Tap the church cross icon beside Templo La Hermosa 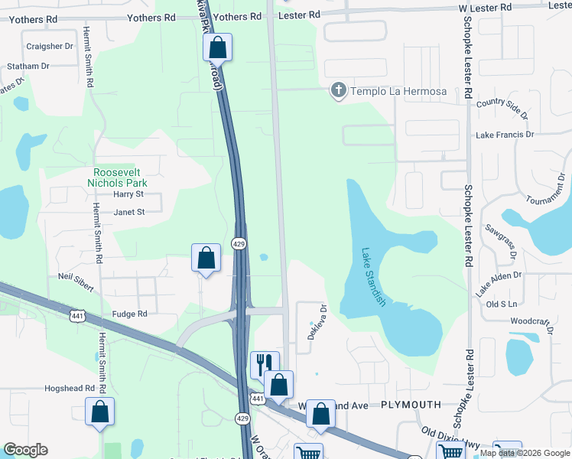coord(338,91)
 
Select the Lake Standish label coord(372,276)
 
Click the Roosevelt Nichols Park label coord(119,177)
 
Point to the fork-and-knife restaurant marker coord(265,363)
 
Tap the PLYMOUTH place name coord(411,404)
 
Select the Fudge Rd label coord(129,314)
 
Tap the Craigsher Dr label coord(49,46)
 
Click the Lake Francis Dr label coord(505,135)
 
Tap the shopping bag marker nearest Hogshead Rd coord(99,412)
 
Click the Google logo coord(25,450)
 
